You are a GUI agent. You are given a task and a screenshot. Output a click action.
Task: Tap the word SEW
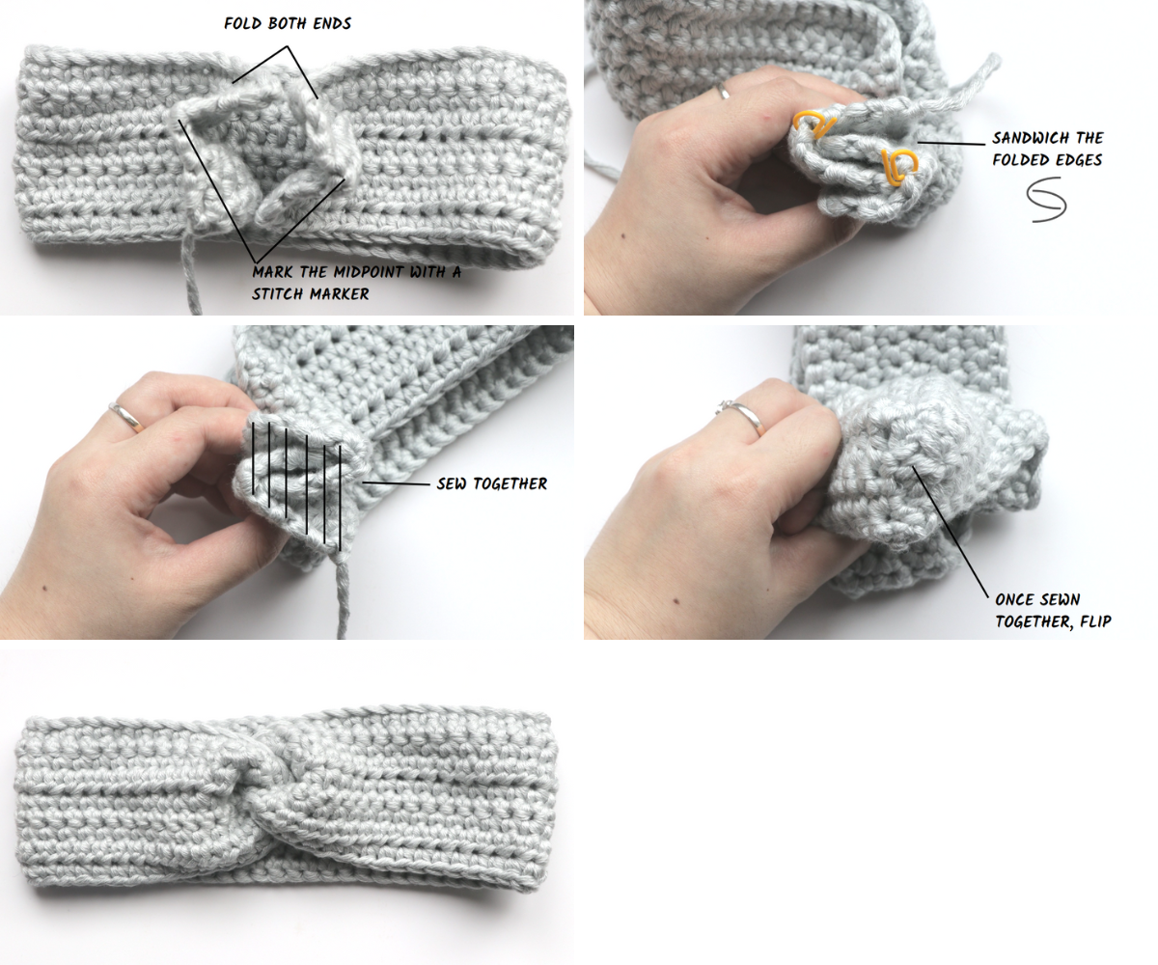tap(453, 483)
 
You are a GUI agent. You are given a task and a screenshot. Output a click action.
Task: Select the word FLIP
tap(1093, 621)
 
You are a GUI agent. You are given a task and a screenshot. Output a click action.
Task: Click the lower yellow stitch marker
tap(899, 166)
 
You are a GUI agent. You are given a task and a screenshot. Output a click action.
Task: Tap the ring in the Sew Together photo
tap(126, 417)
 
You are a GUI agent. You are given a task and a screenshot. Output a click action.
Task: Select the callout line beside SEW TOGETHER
tap(396, 482)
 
